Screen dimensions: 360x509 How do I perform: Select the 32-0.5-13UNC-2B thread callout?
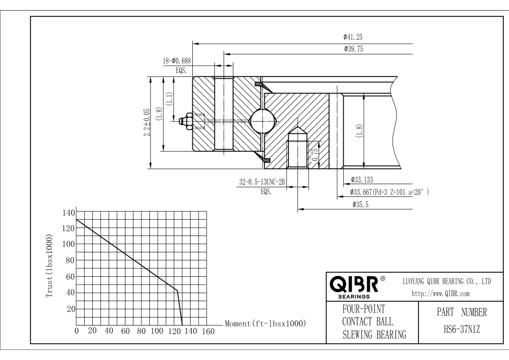pyautogui.click(x=261, y=182)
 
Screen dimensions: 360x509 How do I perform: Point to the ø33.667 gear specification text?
pyautogui.click(x=389, y=192)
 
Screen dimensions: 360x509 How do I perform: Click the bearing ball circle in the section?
pyautogui.click(x=264, y=119)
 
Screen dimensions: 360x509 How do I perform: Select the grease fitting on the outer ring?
pyautogui.click(x=187, y=120)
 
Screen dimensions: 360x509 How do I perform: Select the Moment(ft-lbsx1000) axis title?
pyautogui.click(x=265, y=323)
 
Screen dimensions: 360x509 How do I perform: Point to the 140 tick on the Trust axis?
pyautogui.click(x=67, y=212)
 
